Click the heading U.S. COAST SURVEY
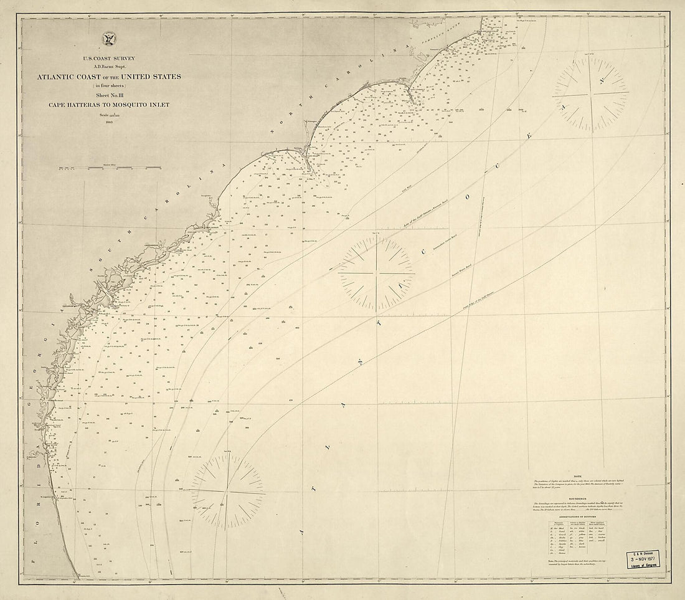click(x=109, y=58)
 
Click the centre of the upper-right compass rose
click(x=590, y=94)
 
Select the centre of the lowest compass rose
click(x=229, y=492)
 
